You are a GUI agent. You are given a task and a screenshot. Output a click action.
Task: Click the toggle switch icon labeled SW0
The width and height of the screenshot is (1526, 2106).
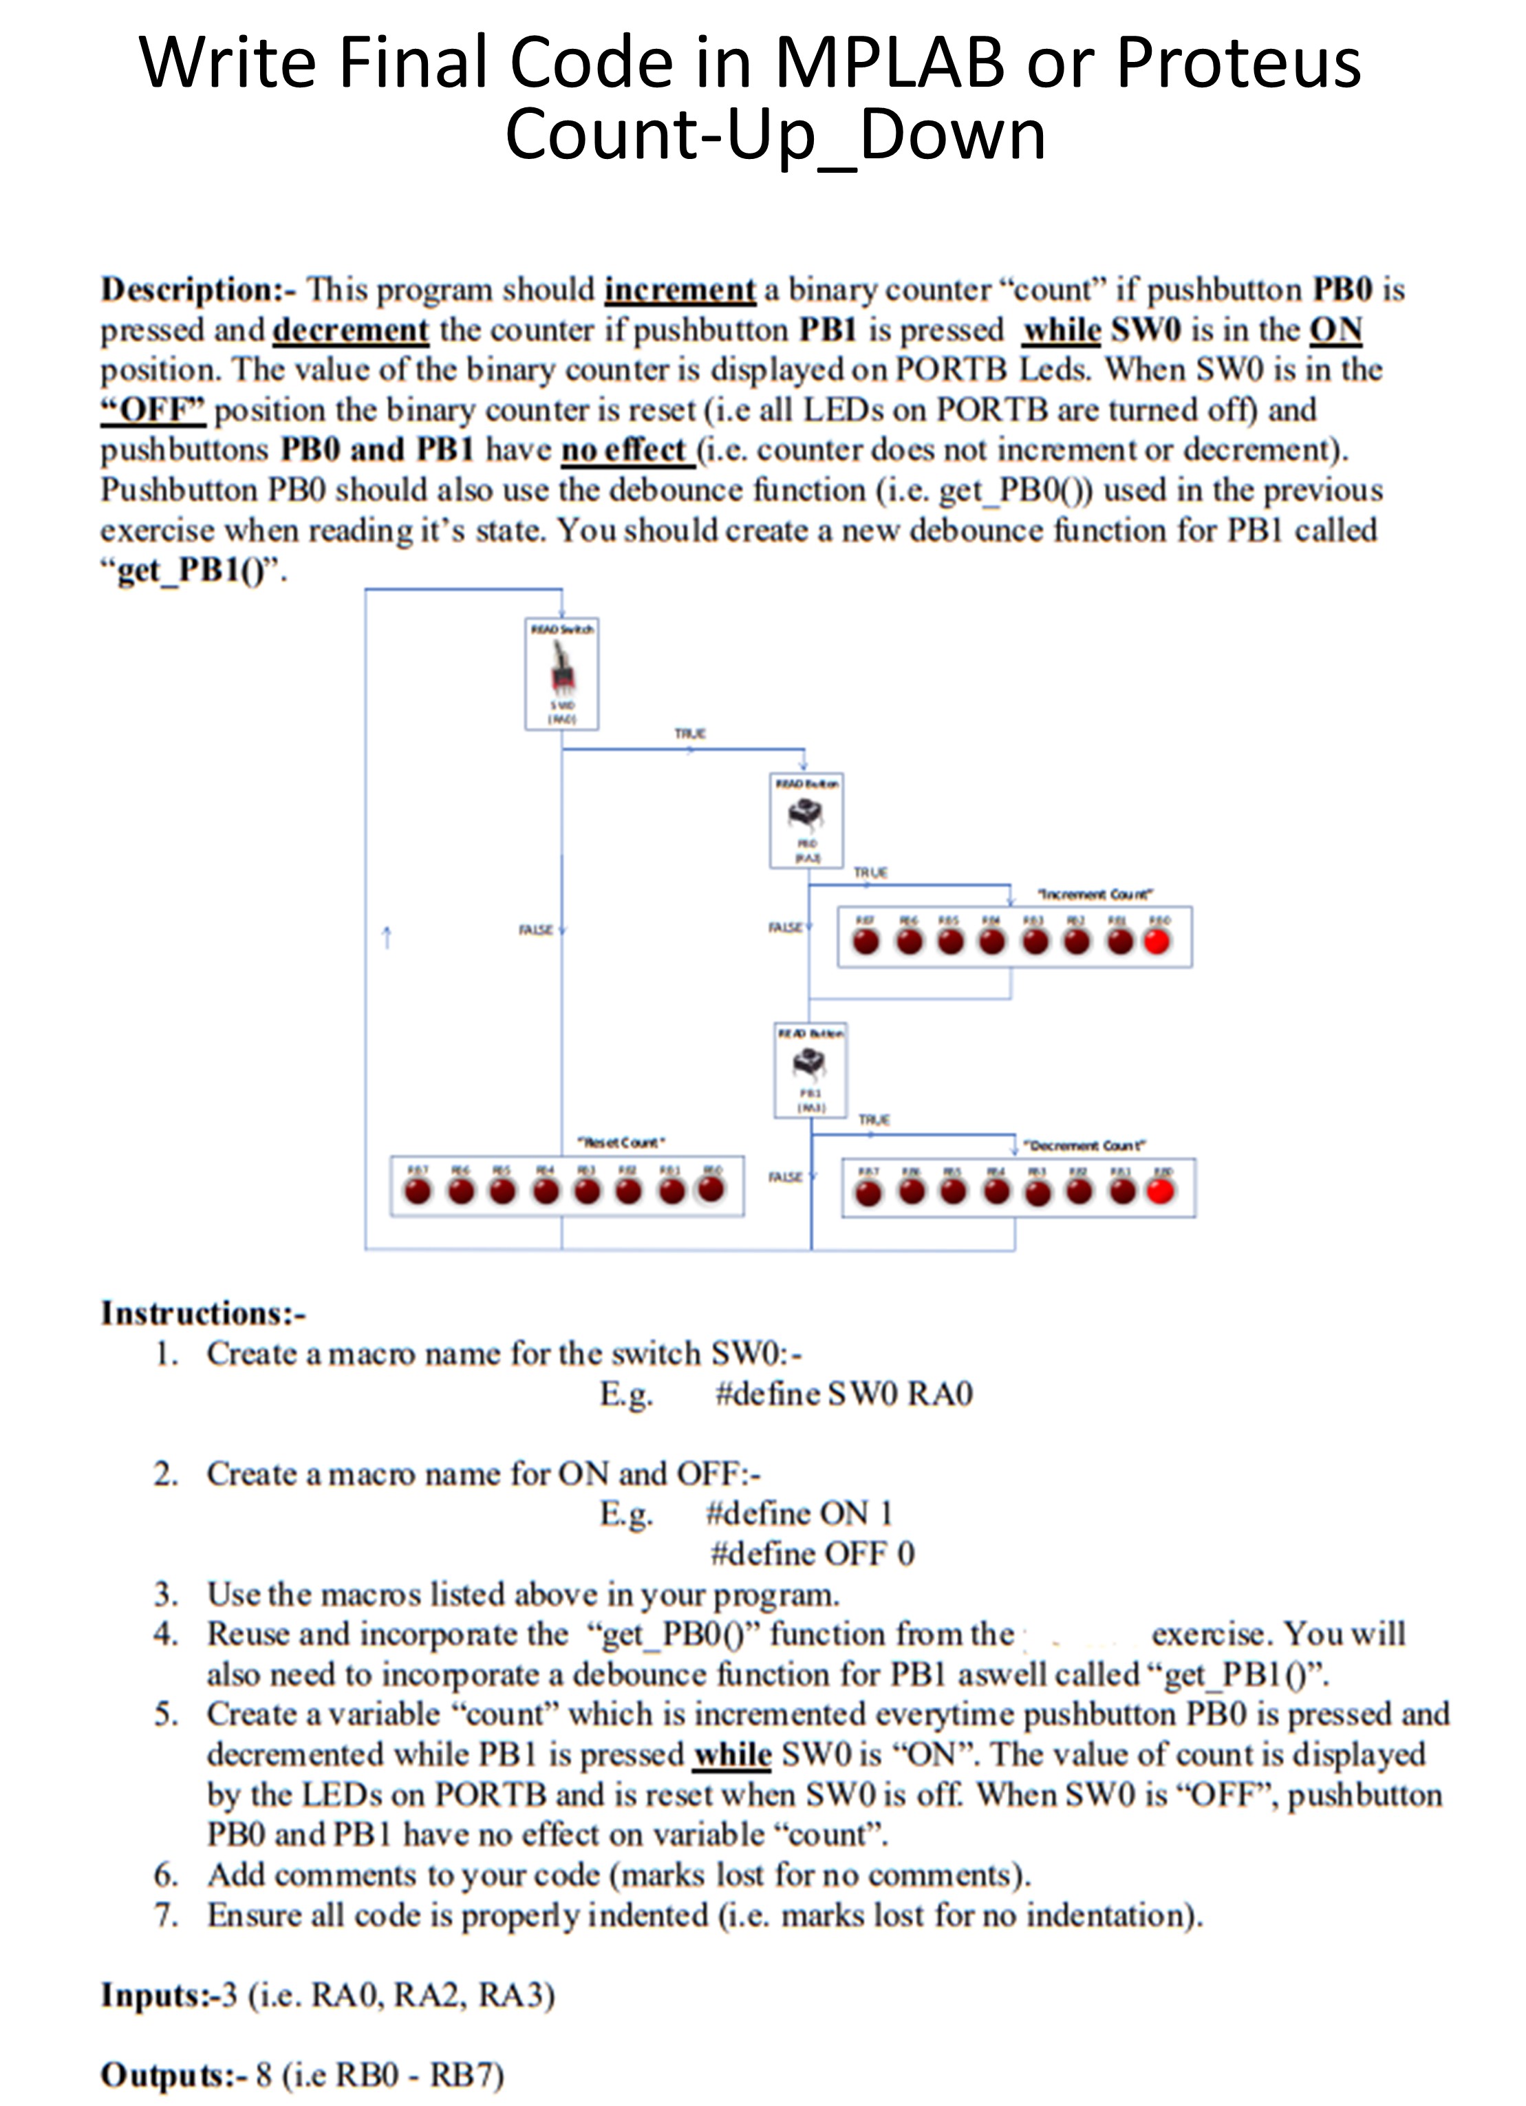click(x=561, y=670)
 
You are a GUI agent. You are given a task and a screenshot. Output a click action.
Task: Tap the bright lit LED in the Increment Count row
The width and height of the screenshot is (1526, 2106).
click(x=1157, y=942)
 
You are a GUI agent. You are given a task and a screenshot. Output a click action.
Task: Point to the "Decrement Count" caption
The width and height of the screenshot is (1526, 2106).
click(x=1084, y=1146)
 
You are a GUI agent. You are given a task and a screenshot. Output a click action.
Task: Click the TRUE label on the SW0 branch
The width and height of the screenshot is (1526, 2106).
click(x=689, y=734)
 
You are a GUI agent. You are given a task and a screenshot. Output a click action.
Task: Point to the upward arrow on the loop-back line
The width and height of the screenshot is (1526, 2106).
click(x=387, y=938)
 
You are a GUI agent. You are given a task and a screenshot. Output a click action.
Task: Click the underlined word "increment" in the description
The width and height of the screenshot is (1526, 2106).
click(x=680, y=290)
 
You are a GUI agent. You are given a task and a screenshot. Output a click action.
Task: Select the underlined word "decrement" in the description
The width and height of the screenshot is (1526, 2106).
click(x=350, y=330)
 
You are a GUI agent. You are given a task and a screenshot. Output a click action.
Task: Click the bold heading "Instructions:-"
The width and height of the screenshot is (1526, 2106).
click(x=203, y=1313)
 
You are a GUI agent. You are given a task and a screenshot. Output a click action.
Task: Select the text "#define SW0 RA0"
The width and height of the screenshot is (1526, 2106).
click(x=843, y=1394)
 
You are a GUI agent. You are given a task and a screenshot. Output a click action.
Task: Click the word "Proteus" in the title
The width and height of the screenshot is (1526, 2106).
click(x=1238, y=63)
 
